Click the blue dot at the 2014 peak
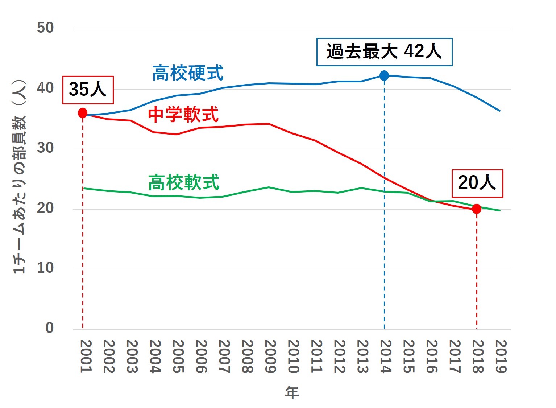click(x=384, y=75)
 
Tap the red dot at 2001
click(x=83, y=113)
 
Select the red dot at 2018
click(x=477, y=209)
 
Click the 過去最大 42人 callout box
click(x=384, y=52)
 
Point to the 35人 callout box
click(x=88, y=90)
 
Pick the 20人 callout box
click(x=477, y=184)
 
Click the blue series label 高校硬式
click(x=188, y=73)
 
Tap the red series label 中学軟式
click(x=183, y=115)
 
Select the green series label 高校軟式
click(x=184, y=182)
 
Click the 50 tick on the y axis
click(x=45, y=28)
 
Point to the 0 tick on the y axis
click(x=49, y=328)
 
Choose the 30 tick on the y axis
click(x=45, y=148)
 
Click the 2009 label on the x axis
click(x=270, y=356)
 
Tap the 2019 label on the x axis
click(x=501, y=356)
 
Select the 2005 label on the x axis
click(x=178, y=356)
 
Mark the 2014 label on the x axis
click(x=385, y=356)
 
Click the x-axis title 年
click(x=292, y=392)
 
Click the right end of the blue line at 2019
click(x=500, y=111)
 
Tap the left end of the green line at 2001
click(x=84, y=188)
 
